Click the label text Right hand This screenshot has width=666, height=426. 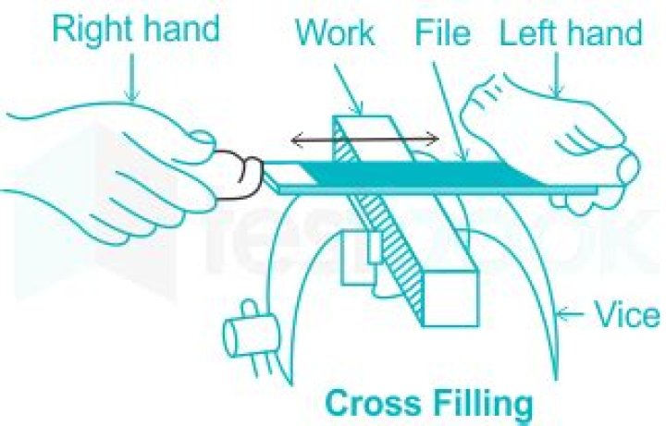pyautogui.click(x=136, y=30)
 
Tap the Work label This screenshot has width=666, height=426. pyautogui.click(x=335, y=34)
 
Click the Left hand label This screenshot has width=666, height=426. pyautogui.click(x=571, y=34)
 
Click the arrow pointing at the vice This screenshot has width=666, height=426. pyautogui.click(x=582, y=318)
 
